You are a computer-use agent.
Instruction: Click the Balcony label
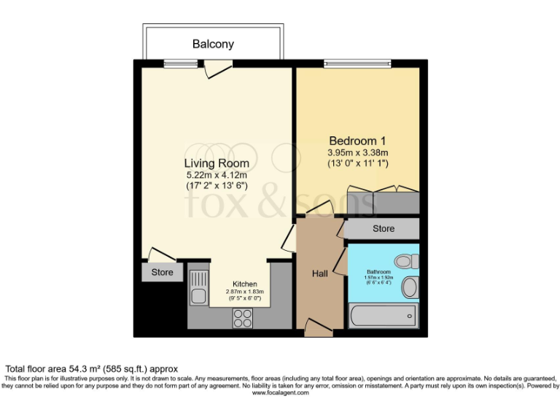tap(213, 44)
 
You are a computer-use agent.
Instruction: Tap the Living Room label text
tap(216, 163)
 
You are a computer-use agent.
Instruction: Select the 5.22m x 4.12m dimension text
tap(216, 175)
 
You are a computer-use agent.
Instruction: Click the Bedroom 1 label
tap(357, 141)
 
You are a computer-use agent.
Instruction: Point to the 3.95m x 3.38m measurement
tap(357, 153)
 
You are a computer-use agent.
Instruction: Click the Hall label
tap(320, 273)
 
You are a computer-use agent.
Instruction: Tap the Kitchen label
tap(244, 284)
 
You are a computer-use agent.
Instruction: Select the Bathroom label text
tap(378, 272)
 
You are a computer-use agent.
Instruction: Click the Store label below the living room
tap(162, 273)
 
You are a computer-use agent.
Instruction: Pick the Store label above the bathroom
tap(383, 229)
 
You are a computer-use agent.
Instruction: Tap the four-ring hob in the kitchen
tap(242, 317)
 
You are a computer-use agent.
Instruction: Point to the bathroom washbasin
tap(410, 287)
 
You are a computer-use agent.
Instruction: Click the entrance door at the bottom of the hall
tap(319, 330)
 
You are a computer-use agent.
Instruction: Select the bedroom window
tap(357, 63)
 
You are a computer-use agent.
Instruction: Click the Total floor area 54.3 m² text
tap(92, 369)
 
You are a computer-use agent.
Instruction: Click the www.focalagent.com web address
tap(281, 393)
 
